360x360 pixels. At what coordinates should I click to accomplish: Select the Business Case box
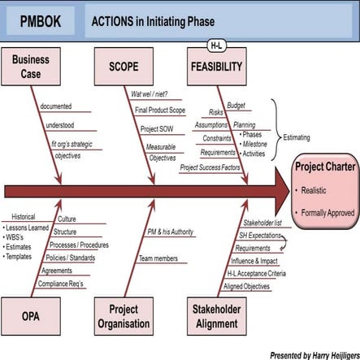click(x=31, y=66)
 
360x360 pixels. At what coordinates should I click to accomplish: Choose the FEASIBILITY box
click(x=217, y=66)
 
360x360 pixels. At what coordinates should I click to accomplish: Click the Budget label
click(x=236, y=105)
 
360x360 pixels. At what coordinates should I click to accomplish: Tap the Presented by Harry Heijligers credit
click(x=314, y=354)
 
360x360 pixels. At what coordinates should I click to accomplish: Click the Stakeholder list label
click(x=262, y=222)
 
